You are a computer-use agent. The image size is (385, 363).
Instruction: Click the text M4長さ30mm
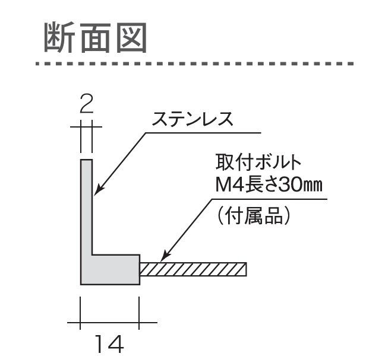(x=267, y=185)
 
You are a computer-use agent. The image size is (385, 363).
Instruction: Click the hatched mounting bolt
(x=193, y=269)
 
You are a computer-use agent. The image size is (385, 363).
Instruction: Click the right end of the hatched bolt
(x=245, y=269)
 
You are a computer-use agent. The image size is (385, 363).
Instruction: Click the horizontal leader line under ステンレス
(x=202, y=132)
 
